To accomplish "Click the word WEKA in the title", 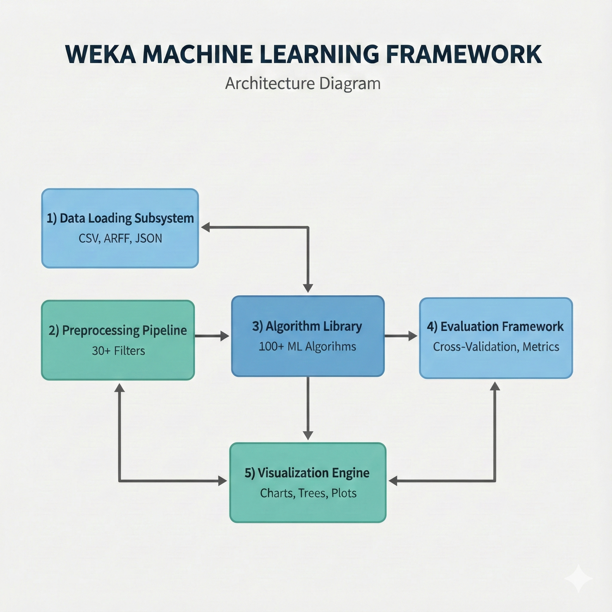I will tap(101, 54).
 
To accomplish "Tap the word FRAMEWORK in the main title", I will tap(464, 54).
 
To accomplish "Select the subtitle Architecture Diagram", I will tap(302, 84).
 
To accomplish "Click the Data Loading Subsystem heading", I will tap(120, 218).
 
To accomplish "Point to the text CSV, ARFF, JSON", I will tap(120, 238).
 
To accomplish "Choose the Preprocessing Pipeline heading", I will tap(117, 331).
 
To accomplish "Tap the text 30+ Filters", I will tap(118, 351).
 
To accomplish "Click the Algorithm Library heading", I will tap(307, 326).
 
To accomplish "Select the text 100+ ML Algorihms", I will tap(307, 347).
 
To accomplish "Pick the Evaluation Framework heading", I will tap(495, 327).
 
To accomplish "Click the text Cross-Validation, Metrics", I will tap(496, 347).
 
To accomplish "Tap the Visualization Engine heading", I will tap(307, 473).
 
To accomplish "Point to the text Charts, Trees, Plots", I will tap(308, 493).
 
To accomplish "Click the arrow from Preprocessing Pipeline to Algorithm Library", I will tap(211, 336).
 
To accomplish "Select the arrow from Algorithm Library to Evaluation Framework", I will tap(400, 336).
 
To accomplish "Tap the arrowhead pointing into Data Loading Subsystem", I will tap(206, 227).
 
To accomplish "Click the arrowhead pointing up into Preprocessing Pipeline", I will tap(120, 387).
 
